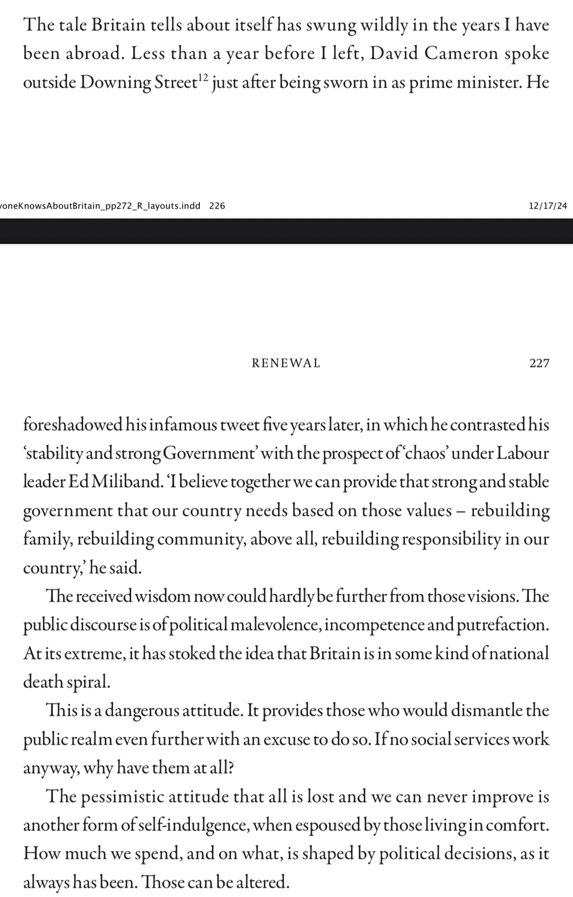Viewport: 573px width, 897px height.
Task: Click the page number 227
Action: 539,363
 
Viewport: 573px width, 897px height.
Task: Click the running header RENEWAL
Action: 286,363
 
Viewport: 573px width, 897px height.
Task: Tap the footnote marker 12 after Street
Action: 203,77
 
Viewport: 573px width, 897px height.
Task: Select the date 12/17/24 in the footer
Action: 548,206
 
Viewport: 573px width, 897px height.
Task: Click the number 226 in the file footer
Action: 217,206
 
